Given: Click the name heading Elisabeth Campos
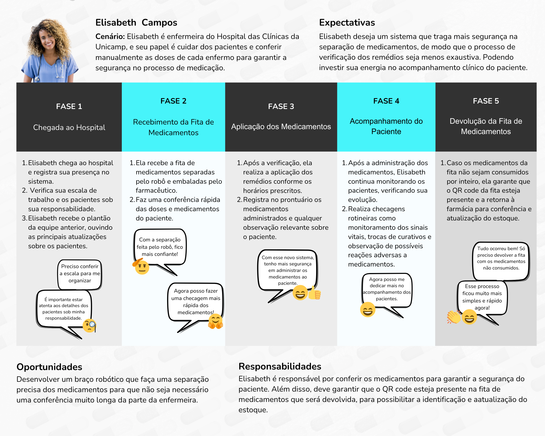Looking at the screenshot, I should tap(136, 22).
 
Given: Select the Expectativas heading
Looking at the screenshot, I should tap(347, 22).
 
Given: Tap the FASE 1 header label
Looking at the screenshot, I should tap(69, 106).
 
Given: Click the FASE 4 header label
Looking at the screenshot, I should tap(386, 101).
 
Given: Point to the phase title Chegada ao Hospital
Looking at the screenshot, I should tap(69, 127).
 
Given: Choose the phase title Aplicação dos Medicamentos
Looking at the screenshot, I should tap(281, 126).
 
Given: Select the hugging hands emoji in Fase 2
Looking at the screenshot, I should tap(216, 321).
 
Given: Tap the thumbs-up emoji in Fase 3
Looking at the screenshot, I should tap(315, 293).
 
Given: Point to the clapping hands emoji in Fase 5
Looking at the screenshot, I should tap(453, 317).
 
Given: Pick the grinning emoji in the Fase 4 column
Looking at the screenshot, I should tap(368, 310).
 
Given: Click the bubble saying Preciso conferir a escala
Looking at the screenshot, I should tap(80, 274).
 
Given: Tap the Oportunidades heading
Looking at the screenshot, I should tap(49, 367).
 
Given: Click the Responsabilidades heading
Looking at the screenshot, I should tap(280, 366).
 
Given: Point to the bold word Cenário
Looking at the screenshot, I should tap(110, 37).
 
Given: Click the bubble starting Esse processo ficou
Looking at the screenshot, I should tap(482, 297).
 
